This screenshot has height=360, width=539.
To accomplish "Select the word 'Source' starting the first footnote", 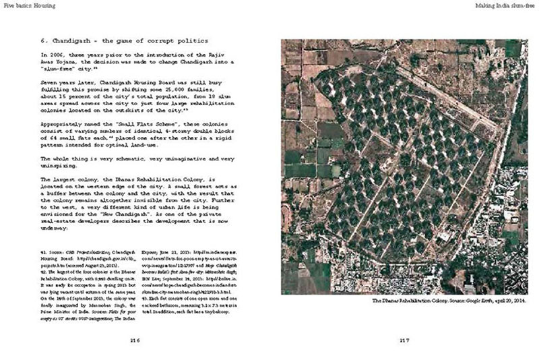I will point(58,251).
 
